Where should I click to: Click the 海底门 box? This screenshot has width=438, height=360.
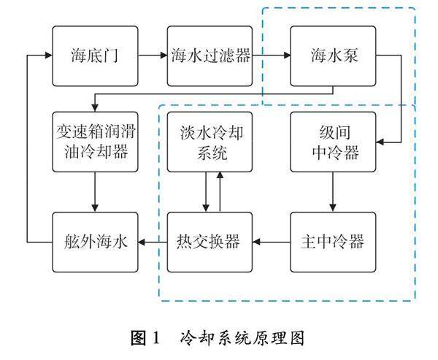(x=95, y=55)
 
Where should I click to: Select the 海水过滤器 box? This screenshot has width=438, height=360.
(x=210, y=55)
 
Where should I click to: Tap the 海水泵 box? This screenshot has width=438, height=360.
(x=334, y=55)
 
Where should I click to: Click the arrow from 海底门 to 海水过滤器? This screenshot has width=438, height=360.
(x=153, y=55)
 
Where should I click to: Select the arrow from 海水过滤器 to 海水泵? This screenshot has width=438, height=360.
(x=272, y=55)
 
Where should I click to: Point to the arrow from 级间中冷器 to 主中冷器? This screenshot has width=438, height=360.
(x=334, y=192)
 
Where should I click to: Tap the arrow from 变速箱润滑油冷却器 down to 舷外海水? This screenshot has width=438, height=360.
(x=95, y=192)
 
